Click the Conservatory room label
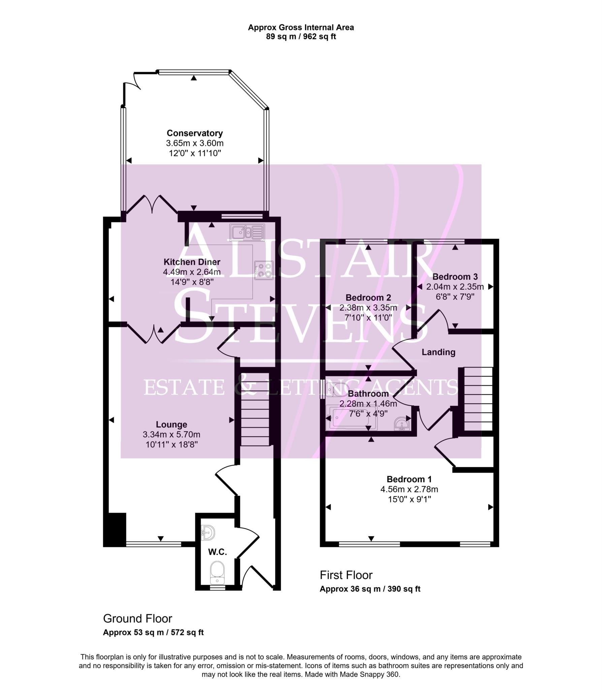pos(195,133)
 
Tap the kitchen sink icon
pos(247,232)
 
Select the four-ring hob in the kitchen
pos(263,270)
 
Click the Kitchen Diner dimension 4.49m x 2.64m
pos(192,272)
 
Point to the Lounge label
pos(171,425)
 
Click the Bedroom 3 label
pos(455,277)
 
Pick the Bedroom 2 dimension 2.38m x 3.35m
pos(368,308)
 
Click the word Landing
pos(438,352)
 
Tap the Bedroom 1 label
pos(409,479)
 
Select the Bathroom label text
pos(368,394)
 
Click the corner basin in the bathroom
pos(402,424)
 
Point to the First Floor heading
pos(346,575)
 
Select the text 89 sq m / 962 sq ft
pos(301,37)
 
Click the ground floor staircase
pos(255,409)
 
